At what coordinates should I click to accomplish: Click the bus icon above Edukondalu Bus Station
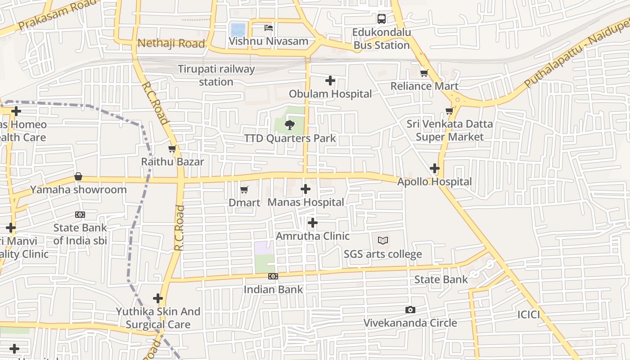coord(382,18)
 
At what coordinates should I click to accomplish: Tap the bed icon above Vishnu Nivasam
coord(269,28)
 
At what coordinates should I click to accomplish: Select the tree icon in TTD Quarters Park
coord(290,125)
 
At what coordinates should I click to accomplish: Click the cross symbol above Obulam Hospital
coord(330,81)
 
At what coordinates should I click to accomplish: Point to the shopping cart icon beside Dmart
coord(244,190)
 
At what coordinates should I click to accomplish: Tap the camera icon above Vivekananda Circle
coord(410,310)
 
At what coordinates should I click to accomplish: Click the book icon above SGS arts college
coord(383,241)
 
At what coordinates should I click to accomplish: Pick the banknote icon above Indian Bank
coord(273,276)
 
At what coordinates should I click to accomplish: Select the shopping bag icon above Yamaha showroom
coord(78,176)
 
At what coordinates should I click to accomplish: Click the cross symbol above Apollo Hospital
coord(434,169)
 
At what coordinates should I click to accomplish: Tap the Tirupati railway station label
coord(216,76)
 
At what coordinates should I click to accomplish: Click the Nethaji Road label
coord(171,44)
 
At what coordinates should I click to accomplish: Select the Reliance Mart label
coord(424,86)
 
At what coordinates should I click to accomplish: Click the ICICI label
coord(528,314)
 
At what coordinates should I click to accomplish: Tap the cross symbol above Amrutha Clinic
coord(312,223)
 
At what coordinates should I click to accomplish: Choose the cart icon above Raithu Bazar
coord(171,149)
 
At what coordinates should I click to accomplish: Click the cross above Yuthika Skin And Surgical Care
coord(158,298)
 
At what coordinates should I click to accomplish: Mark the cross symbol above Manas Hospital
coord(306,189)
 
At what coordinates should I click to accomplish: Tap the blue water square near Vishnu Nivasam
coord(238,30)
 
